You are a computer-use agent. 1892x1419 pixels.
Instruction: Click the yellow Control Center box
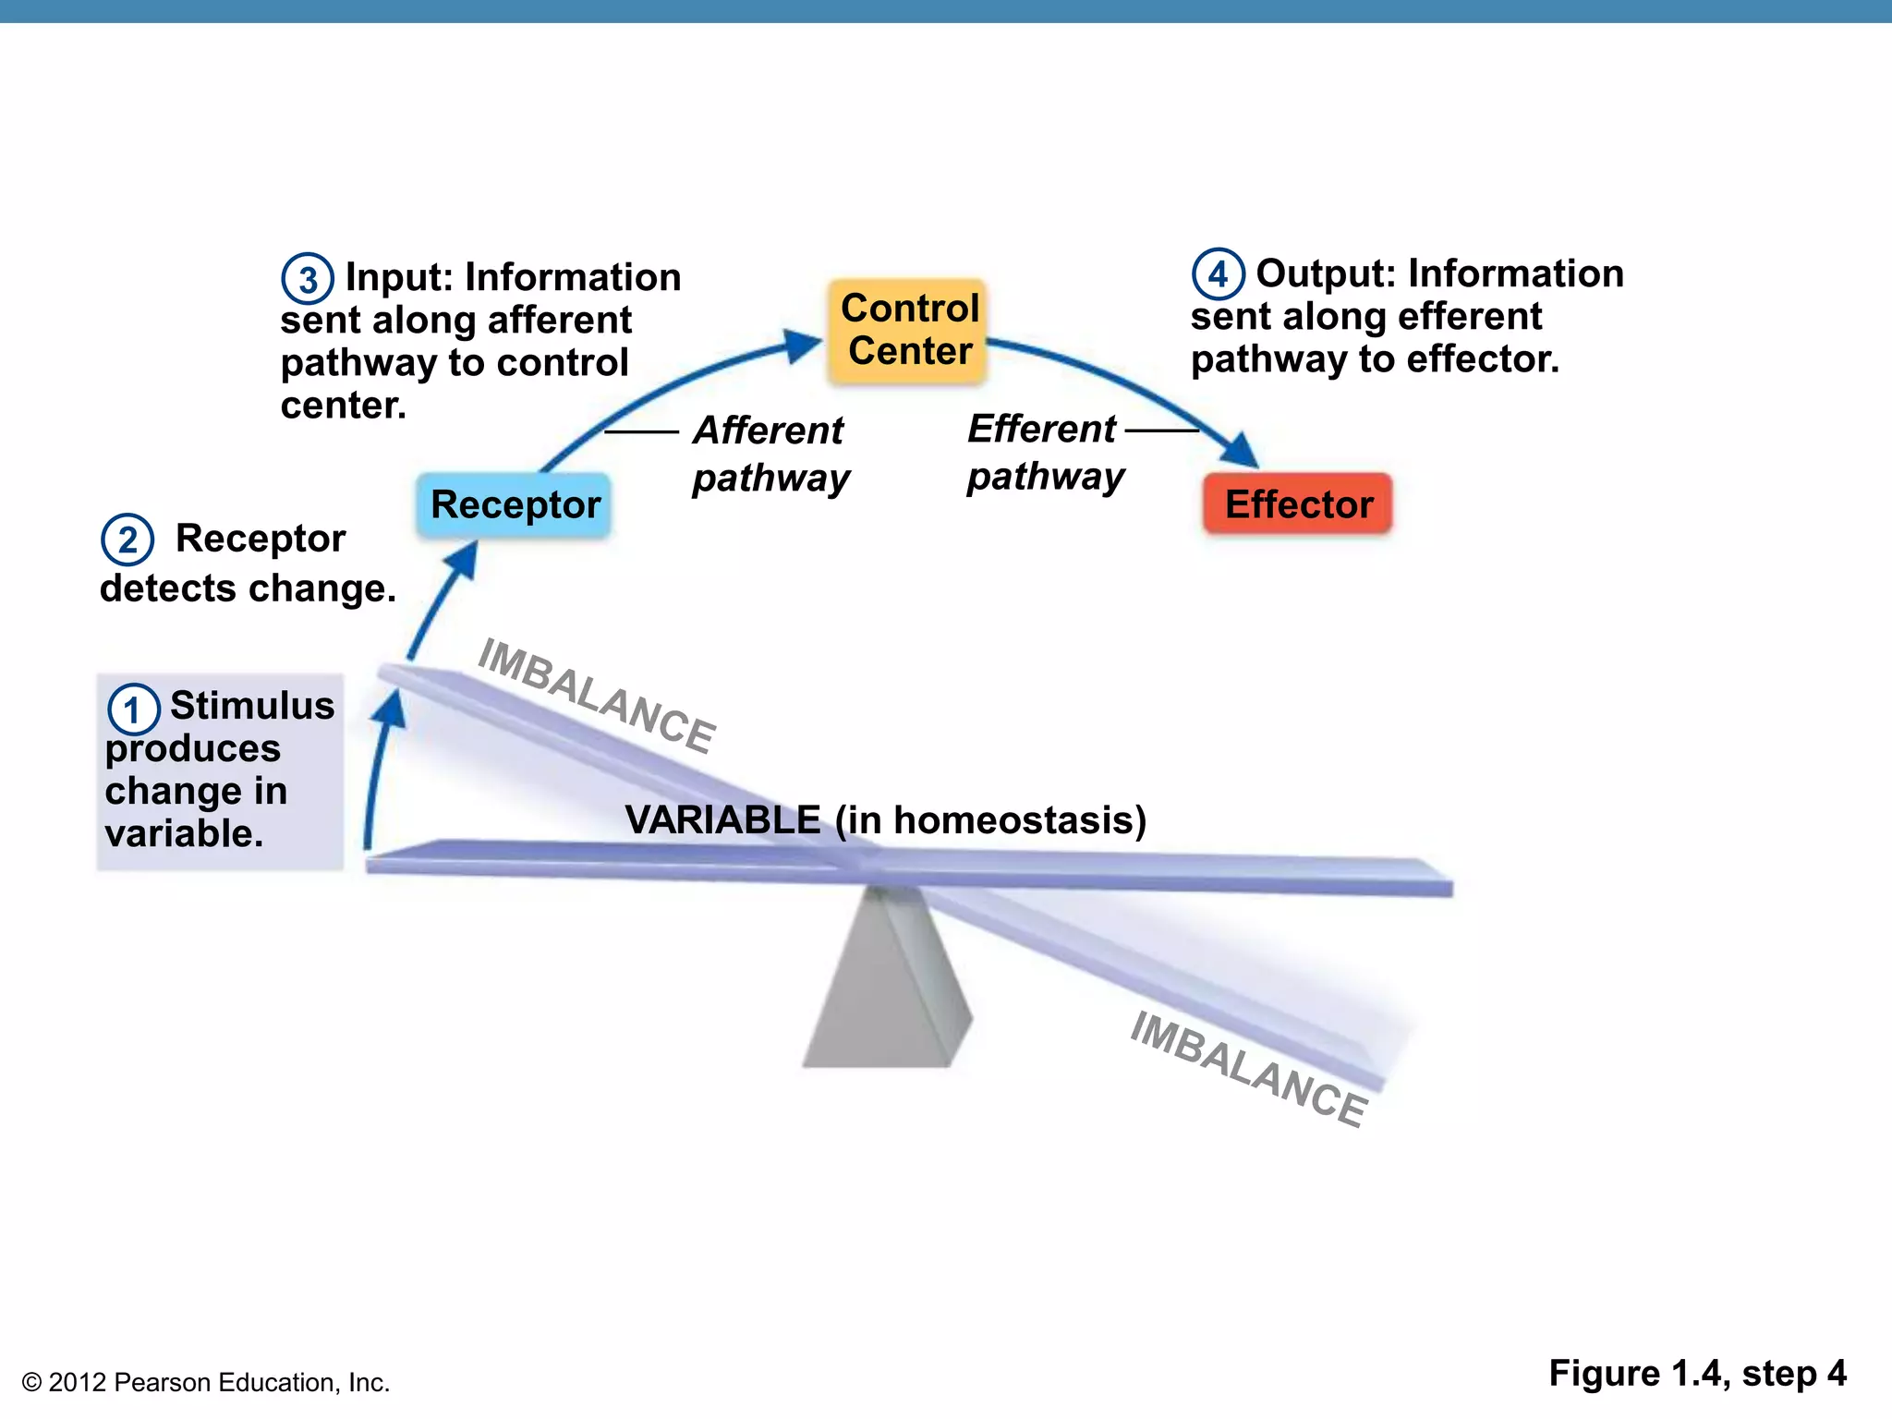pyautogui.click(x=909, y=330)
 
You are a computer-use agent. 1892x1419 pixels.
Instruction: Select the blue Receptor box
pyautogui.click(x=515, y=505)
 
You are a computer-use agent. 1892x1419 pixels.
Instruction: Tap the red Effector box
pyautogui.click(x=1298, y=504)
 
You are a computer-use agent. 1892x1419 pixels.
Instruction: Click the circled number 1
pyautogui.click(x=134, y=710)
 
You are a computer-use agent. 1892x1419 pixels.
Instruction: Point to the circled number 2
pyautogui.click(x=127, y=540)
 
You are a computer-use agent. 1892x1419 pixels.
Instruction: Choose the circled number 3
pyautogui.click(x=308, y=279)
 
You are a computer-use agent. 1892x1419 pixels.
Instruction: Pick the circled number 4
pyautogui.click(x=1218, y=274)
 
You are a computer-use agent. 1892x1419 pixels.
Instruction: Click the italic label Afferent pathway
pyautogui.click(x=770, y=454)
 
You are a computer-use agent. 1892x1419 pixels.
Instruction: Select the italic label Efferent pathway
pyautogui.click(x=1045, y=452)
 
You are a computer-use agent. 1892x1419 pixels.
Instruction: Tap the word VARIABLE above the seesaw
pyautogui.click(x=722, y=819)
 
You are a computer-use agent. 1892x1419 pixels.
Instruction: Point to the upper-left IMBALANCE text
pyautogui.click(x=597, y=696)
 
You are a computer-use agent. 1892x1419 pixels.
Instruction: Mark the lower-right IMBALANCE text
pyautogui.click(x=1248, y=1068)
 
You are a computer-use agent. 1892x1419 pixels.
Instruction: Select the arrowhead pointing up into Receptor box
pyautogui.click(x=464, y=561)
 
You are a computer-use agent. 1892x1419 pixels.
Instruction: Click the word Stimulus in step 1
pyautogui.click(x=252, y=706)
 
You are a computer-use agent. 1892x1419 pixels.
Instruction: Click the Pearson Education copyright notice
pyautogui.click(x=206, y=1382)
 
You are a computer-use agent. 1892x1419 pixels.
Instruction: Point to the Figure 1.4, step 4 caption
pyautogui.click(x=1697, y=1374)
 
